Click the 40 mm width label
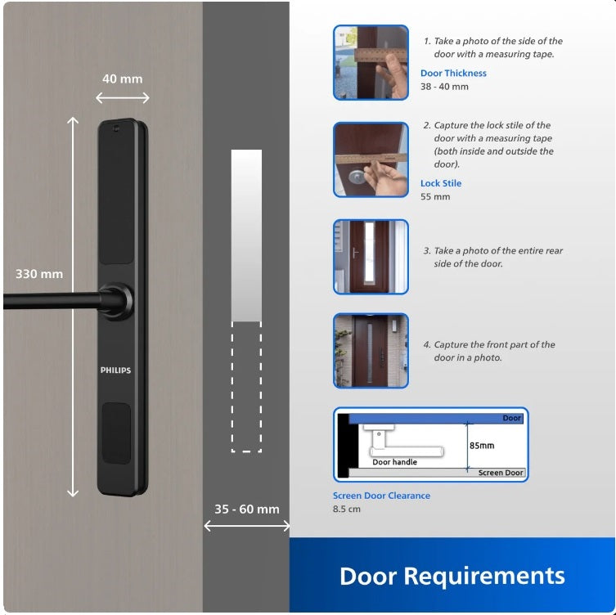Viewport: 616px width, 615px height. [x=122, y=79]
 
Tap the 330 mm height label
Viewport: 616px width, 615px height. [x=38, y=274]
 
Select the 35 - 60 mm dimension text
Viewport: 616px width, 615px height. [x=246, y=509]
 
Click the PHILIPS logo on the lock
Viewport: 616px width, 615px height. [x=115, y=370]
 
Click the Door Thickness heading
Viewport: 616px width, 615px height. [x=453, y=74]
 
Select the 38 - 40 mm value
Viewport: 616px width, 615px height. [x=444, y=87]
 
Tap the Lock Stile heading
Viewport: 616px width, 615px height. [x=441, y=184]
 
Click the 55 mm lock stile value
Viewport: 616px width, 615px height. [x=435, y=197]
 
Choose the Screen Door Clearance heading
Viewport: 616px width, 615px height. [x=381, y=496]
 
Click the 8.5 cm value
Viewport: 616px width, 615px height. [x=347, y=510]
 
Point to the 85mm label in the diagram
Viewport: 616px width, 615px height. [x=482, y=447]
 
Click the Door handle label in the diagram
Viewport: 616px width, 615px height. [x=394, y=462]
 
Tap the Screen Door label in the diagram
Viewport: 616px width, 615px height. [x=501, y=473]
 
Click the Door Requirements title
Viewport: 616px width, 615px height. [x=452, y=576]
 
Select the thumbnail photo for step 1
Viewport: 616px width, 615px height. [x=371, y=63]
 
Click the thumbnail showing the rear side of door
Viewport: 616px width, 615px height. [x=371, y=257]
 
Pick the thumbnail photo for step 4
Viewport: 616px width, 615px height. [x=371, y=351]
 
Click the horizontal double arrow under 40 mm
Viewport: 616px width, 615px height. [x=123, y=98]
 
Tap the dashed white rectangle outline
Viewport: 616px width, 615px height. [x=246, y=387]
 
